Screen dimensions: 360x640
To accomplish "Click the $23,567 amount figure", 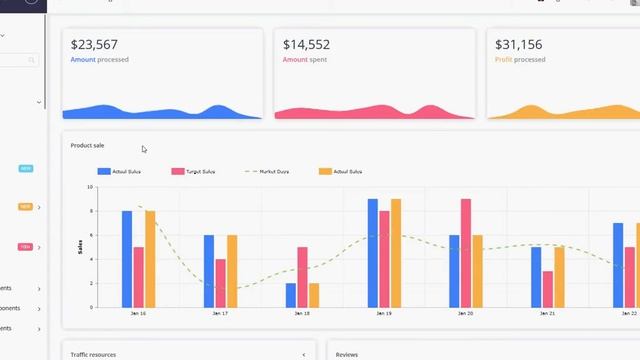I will pyautogui.click(x=94, y=45).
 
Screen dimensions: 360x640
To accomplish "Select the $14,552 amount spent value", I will pyautogui.click(x=306, y=45).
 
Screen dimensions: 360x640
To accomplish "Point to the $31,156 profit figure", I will pyautogui.click(x=518, y=45).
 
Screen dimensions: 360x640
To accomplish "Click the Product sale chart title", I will pyautogui.click(x=87, y=146).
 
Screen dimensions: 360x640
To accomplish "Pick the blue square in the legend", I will pyautogui.click(x=103, y=172).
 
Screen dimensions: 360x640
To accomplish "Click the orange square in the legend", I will pyautogui.click(x=325, y=172).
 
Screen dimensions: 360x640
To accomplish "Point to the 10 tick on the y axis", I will pyautogui.click(x=89, y=187).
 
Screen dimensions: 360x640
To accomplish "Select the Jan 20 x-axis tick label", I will pyautogui.click(x=464, y=314).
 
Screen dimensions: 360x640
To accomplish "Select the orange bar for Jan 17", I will pyautogui.click(x=232, y=271).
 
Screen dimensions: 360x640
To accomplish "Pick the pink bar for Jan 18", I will pyautogui.click(x=302, y=277).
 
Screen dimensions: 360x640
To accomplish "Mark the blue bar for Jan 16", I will pyautogui.click(x=127, y=259).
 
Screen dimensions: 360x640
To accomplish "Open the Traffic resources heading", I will pyautogui.click(x=92, y=355).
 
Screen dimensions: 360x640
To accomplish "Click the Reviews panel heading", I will pyautogui.click(x=347, y=355).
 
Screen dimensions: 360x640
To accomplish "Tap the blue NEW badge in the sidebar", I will pyautogui.click(x=25, y=168).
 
